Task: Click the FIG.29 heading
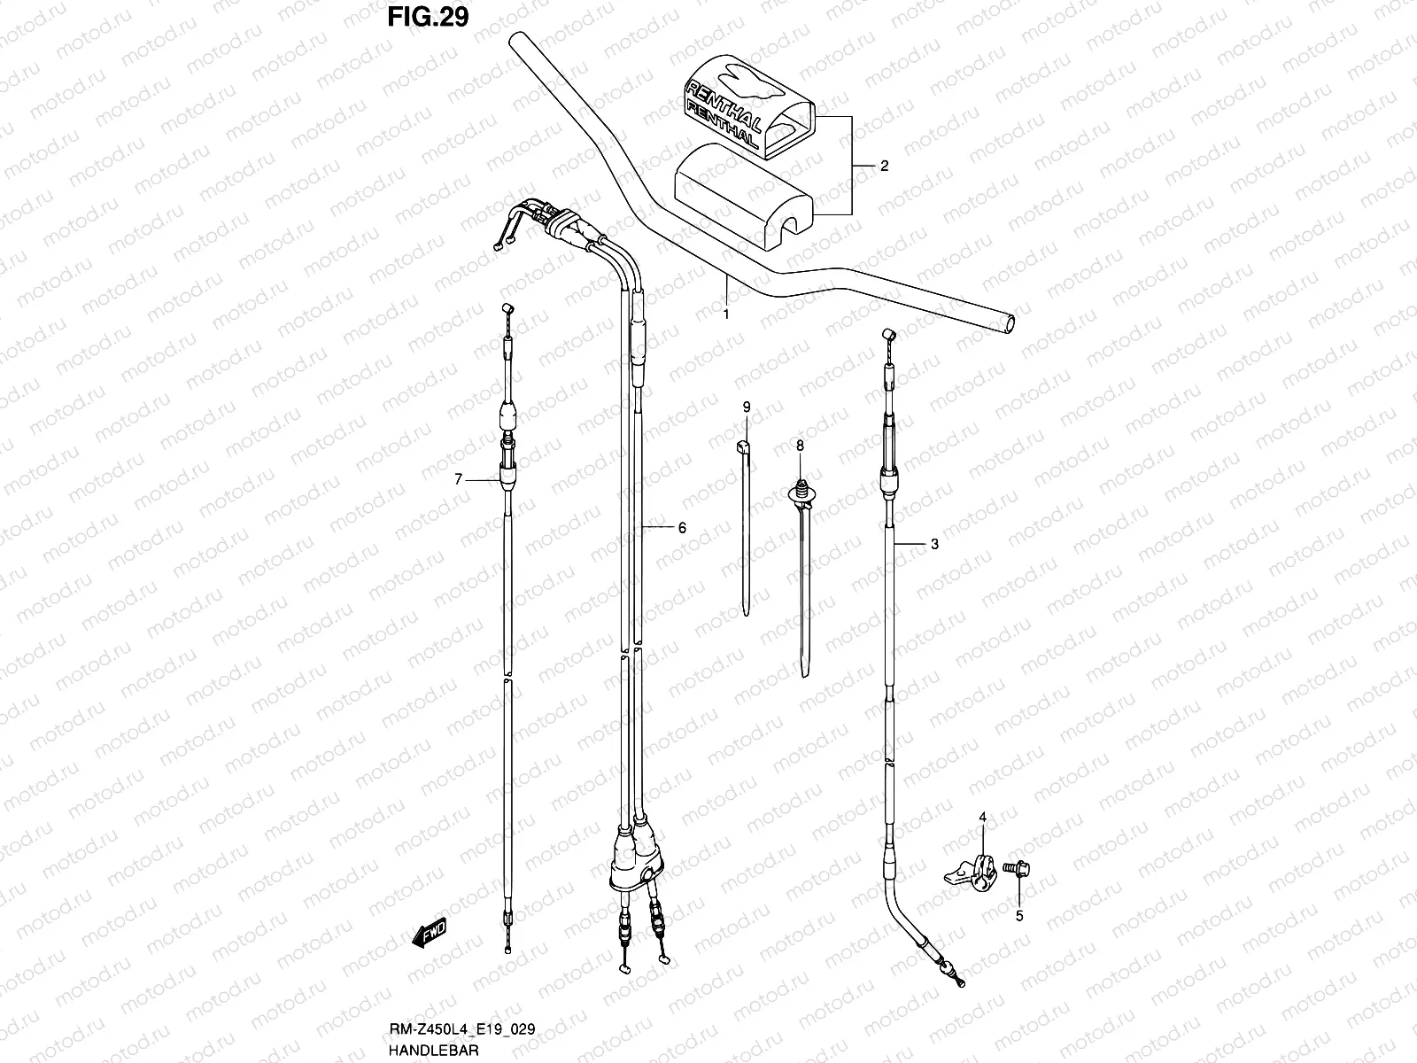pos(427,17)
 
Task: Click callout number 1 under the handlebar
pos(726,314)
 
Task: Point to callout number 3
pos(934,545)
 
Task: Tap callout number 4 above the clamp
pos(982,816)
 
